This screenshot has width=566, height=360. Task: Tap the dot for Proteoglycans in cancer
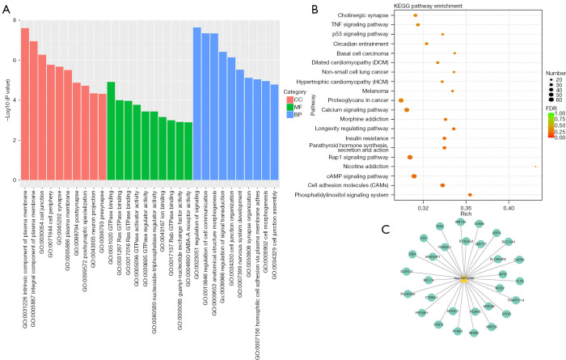pos(401,100)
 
